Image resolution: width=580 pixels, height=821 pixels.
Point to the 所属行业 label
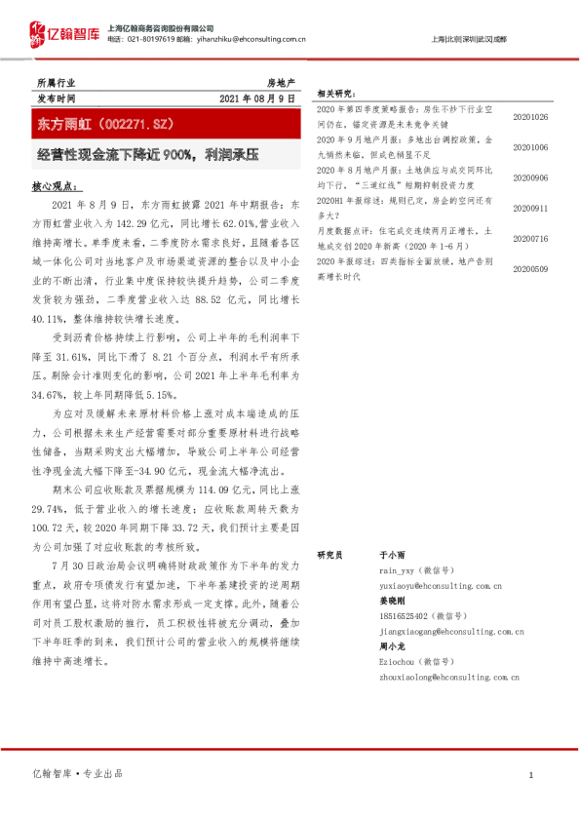[55, 84]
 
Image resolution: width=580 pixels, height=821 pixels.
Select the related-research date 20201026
[530, 117]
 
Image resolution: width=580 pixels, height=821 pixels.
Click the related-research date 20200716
[530, 238]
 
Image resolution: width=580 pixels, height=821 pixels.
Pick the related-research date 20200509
[530, 268]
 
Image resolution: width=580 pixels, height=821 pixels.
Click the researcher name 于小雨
[391, 554]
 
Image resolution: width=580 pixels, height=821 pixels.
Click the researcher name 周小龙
[391, 647]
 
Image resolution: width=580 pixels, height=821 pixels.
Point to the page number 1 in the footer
[529, 774]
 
